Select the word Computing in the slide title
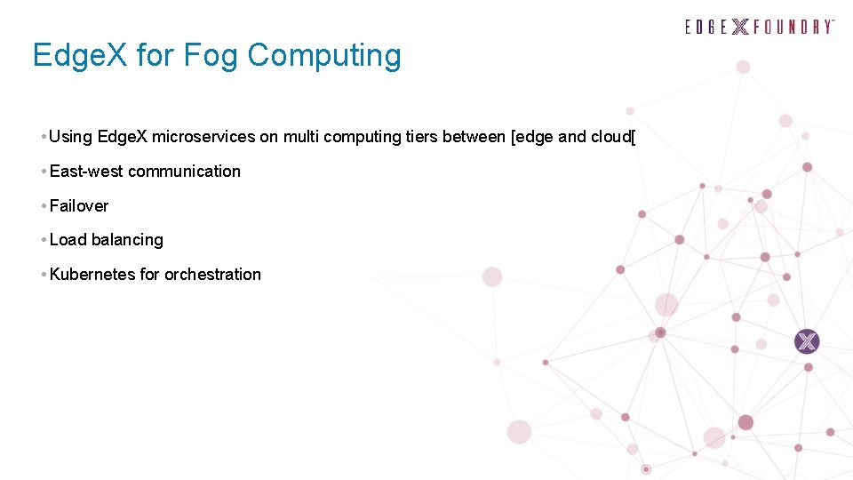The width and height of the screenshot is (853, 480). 324,55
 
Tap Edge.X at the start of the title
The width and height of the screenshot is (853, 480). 78,55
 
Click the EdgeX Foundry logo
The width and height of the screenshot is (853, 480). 760,27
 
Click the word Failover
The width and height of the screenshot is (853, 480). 79,206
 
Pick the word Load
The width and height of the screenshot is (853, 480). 68,240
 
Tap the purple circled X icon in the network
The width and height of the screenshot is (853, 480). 807,341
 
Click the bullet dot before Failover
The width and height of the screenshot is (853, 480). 44,206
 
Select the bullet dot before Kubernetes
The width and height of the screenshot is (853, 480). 44,275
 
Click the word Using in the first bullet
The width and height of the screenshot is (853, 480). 71,137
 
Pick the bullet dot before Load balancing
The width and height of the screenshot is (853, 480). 44,240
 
